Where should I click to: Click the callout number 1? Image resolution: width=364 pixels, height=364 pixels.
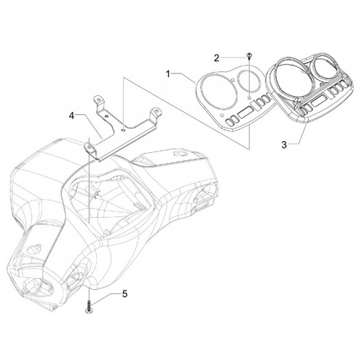[168, 74]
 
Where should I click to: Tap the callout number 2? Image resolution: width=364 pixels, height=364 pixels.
[216, 58]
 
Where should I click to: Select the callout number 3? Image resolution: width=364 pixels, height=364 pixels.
[284, 145]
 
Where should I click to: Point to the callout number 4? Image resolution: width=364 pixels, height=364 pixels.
[71, 116]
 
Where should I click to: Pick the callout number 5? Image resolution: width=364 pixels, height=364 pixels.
[124, 294]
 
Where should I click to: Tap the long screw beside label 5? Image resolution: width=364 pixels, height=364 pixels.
[90, 306]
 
